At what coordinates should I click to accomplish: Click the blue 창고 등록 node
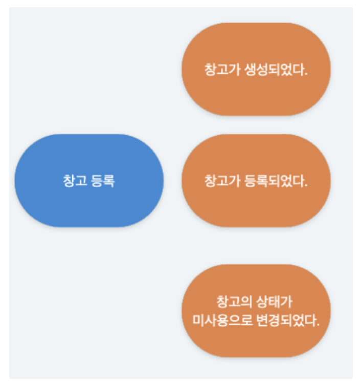pyautogui.click(x=89, y=181)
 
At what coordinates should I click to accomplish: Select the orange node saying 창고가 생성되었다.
pyautogui.click(x=256, y=69)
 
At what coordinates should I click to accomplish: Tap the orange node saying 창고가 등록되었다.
pyautogui.click(x=256, y=181)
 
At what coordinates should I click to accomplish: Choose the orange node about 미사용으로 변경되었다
pyautogui.click(x=256, y=311)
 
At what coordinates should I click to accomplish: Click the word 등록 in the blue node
pyautogui.click(x=102, y=181)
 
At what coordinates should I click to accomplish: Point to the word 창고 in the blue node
pyautogui.click(x=75, y=181)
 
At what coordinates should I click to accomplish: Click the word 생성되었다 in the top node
pyautogui.click(x=269, y=69)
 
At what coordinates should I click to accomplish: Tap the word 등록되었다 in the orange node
pyautogui.click(x=269, y=181)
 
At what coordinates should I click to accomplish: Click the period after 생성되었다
pyautogui.click(x=306, y=72)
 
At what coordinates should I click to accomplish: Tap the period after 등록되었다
pyautogui.click(x=306, y=184)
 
